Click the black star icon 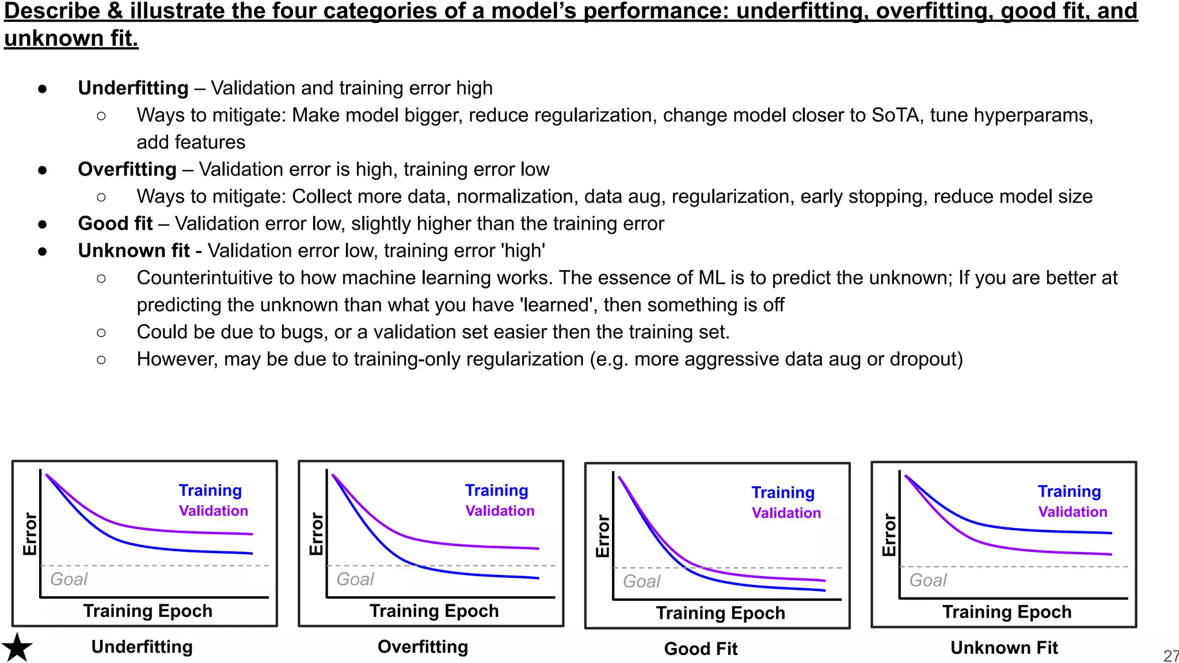[17, 647]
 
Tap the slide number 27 [1170, 656]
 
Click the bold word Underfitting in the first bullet [133, 88]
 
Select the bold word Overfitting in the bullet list [127, 169]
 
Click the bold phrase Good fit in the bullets [115, 223]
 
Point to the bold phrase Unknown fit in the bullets [134, 251]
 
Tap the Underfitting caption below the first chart [142, 647]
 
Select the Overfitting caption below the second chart [423, 647]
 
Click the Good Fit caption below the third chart [701, 649]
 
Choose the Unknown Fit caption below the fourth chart [1004, 648]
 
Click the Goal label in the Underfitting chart [69, 579]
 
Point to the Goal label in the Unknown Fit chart [927, 580]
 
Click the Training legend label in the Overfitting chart [496, 490]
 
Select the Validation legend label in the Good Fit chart [786, 513]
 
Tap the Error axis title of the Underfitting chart [30, 534]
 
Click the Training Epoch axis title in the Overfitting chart [434, 611]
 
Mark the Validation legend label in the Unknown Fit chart [1072, 512]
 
